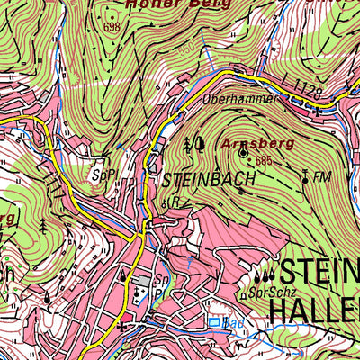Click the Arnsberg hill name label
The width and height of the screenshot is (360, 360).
click(245, 142)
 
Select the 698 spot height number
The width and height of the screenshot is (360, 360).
click(112, 28)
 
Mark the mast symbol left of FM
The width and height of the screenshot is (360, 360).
click(305, 176)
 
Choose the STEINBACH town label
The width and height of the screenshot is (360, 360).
click(210, 179)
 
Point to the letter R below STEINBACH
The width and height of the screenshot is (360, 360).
click(176, 202)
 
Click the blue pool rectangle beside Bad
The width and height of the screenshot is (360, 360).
click(214, 321)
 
